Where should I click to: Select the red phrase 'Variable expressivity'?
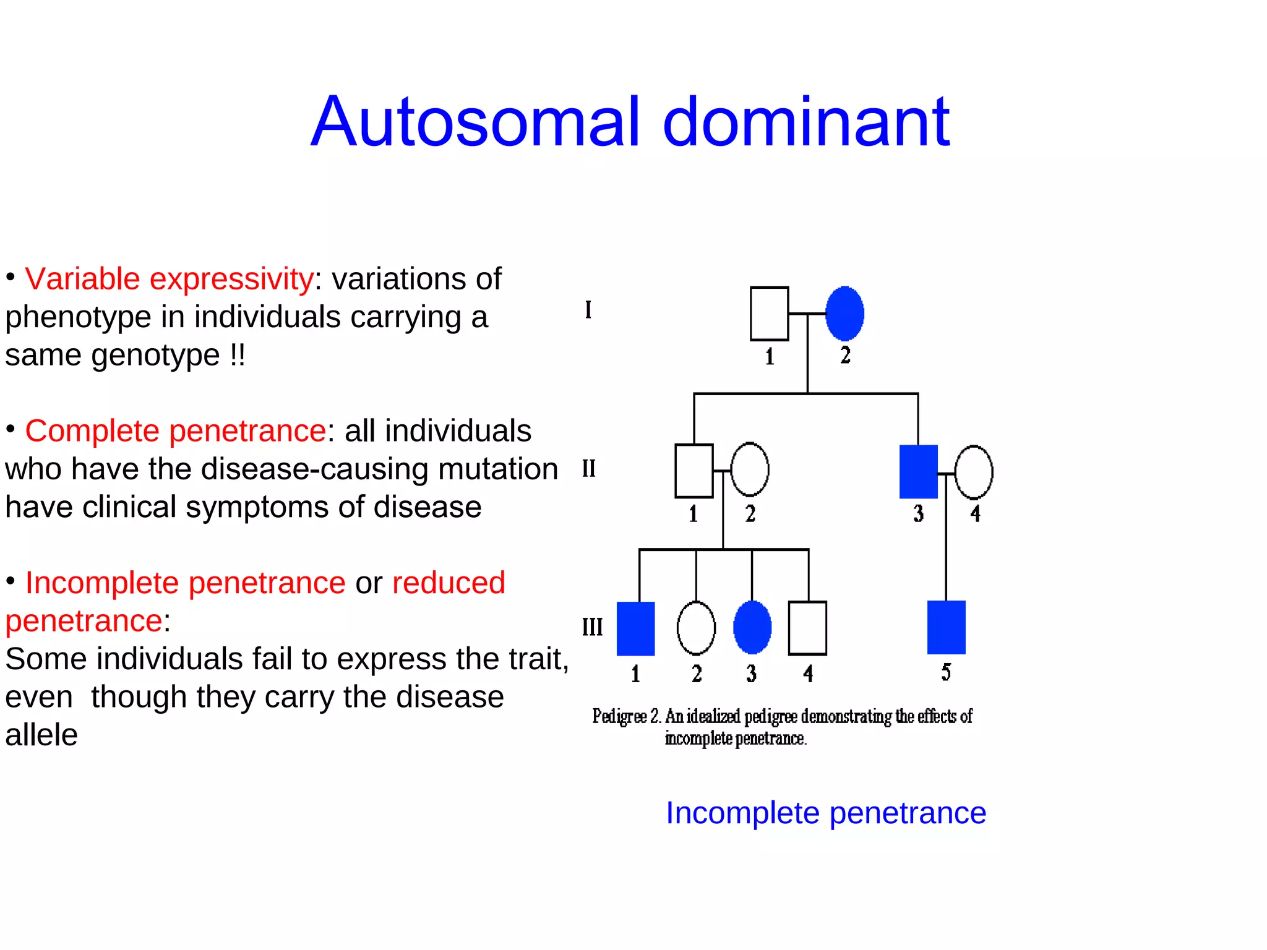pos(169,279)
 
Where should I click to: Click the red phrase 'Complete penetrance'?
pos(175,430)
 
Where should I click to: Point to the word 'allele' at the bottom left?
pos(41,735)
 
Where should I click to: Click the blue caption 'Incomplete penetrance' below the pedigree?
pos(825,813)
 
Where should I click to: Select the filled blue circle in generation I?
pos(844,314)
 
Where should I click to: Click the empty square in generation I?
pos(769,314)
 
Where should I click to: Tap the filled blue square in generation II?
pos(918,471)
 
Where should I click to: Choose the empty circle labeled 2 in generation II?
pos(750,470)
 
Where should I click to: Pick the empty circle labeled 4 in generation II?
pos(974,473)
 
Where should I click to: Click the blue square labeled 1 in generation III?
pos(635,628)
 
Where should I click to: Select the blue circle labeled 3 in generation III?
pos(752,628)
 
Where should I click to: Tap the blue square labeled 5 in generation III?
pos(946,627)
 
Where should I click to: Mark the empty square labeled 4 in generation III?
pos(807,628)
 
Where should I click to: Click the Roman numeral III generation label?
pos(592,627)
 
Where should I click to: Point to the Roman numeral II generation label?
pos(588,469)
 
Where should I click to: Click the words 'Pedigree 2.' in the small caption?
pos(626,717)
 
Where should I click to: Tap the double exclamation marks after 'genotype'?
pos(238,356)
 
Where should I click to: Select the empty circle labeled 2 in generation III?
pos(696,628)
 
